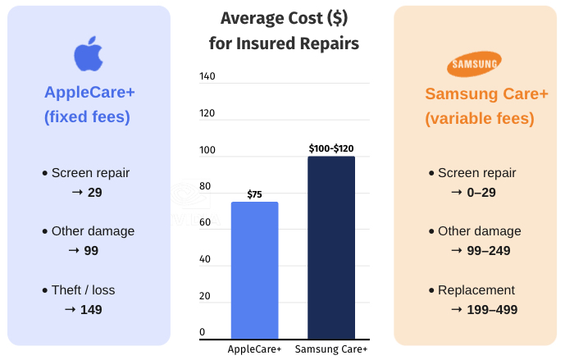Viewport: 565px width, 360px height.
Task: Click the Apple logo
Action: point(89,54)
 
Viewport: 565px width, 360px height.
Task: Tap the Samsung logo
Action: point(476,65)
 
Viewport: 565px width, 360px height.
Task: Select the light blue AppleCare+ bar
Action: point(254,270)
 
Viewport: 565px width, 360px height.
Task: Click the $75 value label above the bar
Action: point(254,194)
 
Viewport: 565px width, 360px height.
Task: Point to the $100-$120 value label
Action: point(331,148)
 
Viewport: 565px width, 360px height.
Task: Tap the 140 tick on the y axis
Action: point(207,76)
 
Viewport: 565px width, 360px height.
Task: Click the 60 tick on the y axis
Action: point(204,222)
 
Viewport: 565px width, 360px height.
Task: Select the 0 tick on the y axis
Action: point(202,332)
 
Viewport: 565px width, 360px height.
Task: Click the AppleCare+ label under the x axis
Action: point(254,349)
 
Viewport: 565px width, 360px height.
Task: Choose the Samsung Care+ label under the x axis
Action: point(331,349)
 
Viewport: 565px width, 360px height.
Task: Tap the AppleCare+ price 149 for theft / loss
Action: point(91,309)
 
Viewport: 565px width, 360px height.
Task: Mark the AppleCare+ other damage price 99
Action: point(91,250)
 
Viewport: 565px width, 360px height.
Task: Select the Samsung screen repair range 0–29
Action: point(481,192)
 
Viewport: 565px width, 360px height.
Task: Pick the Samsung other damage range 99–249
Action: point(489,250)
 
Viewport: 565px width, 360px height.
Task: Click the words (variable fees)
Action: point(480,119)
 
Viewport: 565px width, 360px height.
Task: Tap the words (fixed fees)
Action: point(87,116)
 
